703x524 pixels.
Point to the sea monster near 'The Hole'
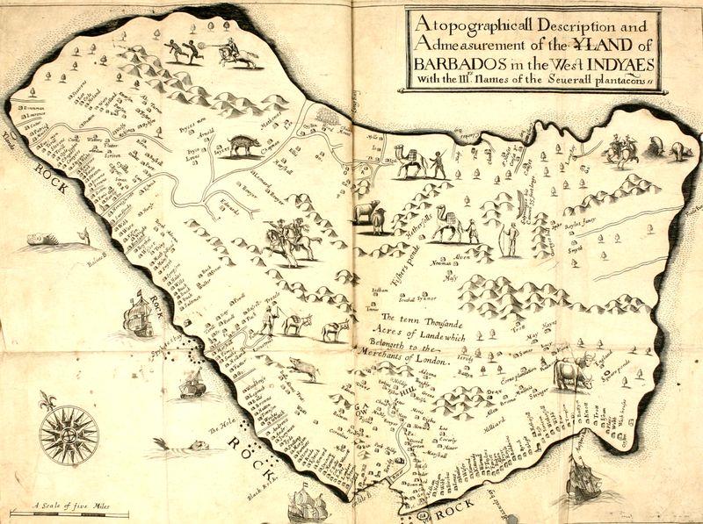click(x=185, y=448)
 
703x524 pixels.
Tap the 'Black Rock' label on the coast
click(x=261, y=497)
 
